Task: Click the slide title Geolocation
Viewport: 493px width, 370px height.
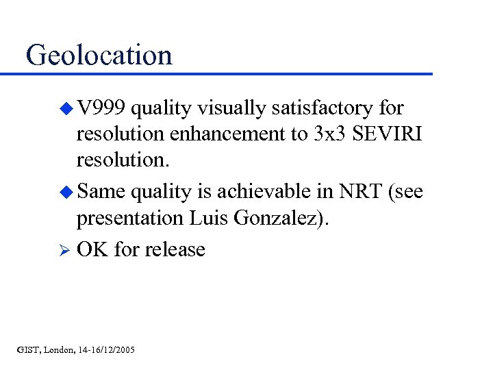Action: [99, 55]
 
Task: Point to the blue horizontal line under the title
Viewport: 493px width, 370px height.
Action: [226, 73]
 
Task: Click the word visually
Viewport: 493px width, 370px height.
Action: [235, 108]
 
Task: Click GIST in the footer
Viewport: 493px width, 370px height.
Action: [27, 350]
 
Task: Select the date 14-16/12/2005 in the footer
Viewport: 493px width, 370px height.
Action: [106, 350]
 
